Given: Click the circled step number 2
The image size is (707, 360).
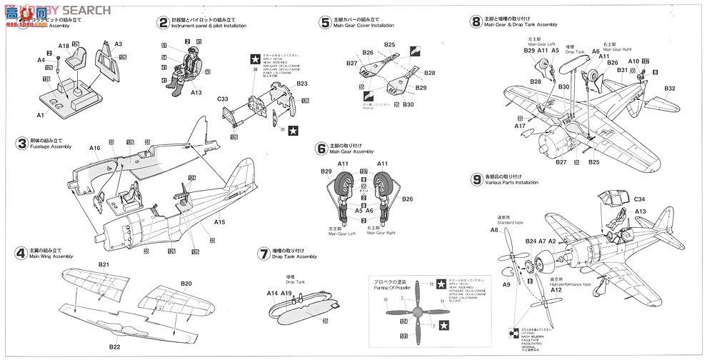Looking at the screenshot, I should point(164,22).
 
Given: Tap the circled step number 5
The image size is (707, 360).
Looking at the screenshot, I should point(325,22).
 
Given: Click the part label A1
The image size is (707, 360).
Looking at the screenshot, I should point(40,114).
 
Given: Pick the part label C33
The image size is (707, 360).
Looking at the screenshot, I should point(224,99).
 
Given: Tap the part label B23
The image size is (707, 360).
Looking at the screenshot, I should point(301,84).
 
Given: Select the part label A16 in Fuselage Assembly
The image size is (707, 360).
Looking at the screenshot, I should point(95,148).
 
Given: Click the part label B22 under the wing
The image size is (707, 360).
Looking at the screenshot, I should point(114,347).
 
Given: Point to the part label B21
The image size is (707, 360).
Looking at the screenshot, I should point(104,264).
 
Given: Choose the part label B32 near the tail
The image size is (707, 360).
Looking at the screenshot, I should point(669,89).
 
